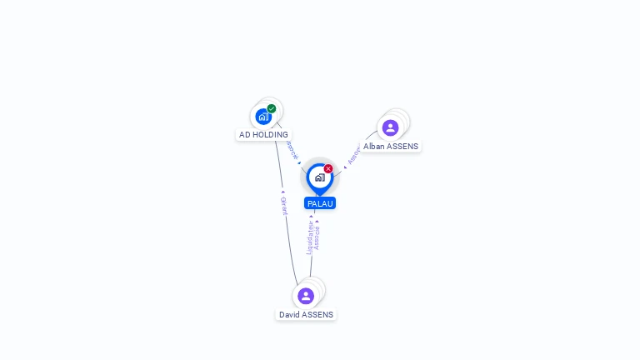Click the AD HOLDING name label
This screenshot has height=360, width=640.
[x=263, y=134]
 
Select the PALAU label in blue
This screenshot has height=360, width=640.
[x=320, y=203]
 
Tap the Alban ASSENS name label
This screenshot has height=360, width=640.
[x=391, y=146]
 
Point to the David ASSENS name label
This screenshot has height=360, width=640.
[x=306, y=315]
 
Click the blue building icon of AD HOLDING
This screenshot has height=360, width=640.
[x=263, y=117]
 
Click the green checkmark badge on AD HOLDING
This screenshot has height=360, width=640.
[x=272, y=108]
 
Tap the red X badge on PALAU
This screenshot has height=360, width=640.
[x=328, y=169]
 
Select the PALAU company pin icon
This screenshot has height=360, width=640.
[x=319, y=177]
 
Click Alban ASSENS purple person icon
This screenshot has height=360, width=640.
[x=390, y=127]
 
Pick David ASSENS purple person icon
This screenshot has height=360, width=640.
[x=306, y=296]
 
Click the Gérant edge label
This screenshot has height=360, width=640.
[x=283, y=206]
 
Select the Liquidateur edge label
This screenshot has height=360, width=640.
[x=309, y=237]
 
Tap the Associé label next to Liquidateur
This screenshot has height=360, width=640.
[x=317, y=237]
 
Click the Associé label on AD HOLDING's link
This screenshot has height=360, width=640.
[x=292, y=150]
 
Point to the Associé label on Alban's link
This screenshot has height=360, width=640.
[x=353, y=154]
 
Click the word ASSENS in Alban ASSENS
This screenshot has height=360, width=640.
[x=402, y=146]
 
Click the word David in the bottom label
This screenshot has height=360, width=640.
[x=288, y=315]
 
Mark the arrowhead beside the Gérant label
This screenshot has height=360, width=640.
[x=283, y=192]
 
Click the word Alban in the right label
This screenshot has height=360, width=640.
[x=374, y=146]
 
